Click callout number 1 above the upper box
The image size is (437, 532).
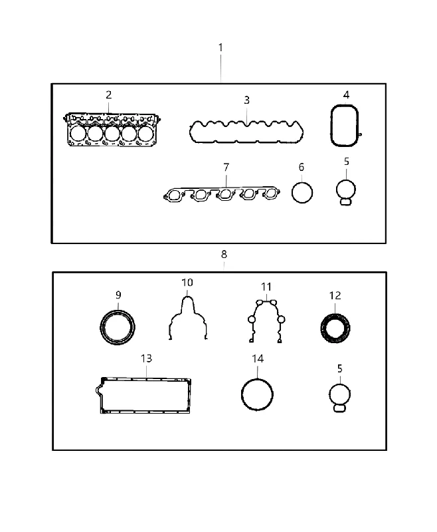coord(220,47)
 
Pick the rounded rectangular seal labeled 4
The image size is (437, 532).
coord(331,126)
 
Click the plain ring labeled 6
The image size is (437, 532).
coord(292,193)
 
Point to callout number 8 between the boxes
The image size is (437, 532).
coord(224,254)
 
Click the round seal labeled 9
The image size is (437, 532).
coord(101,327)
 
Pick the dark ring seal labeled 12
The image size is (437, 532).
coord(323,329)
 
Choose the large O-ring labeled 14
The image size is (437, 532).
coord(242,394)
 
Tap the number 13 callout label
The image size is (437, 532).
coord(146,358)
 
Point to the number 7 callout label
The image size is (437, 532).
coord(226,167)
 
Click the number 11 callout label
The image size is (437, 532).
coord(266,287)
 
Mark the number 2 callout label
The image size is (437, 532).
coord(108,94)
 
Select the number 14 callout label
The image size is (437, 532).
coord(258,358)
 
